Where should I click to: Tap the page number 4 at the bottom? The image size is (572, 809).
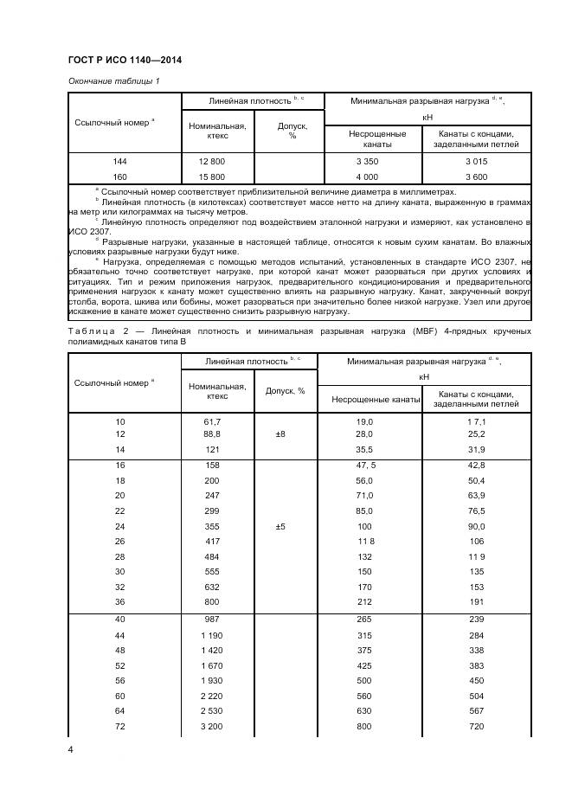(x=70, y=749)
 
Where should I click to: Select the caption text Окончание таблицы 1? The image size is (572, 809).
(x=113, y=81)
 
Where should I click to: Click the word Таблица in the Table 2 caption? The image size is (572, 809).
(x=92, y=331)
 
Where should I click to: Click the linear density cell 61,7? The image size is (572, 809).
(x=211, y=421)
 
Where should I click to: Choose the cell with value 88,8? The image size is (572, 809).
(x=211, y=433)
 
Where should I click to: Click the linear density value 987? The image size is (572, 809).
(x=211, y=620)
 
